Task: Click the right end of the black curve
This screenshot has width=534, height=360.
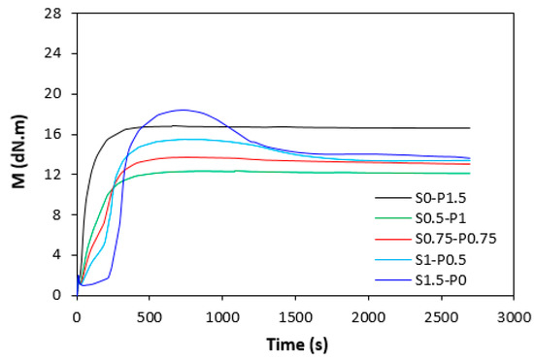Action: pos(469,128)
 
